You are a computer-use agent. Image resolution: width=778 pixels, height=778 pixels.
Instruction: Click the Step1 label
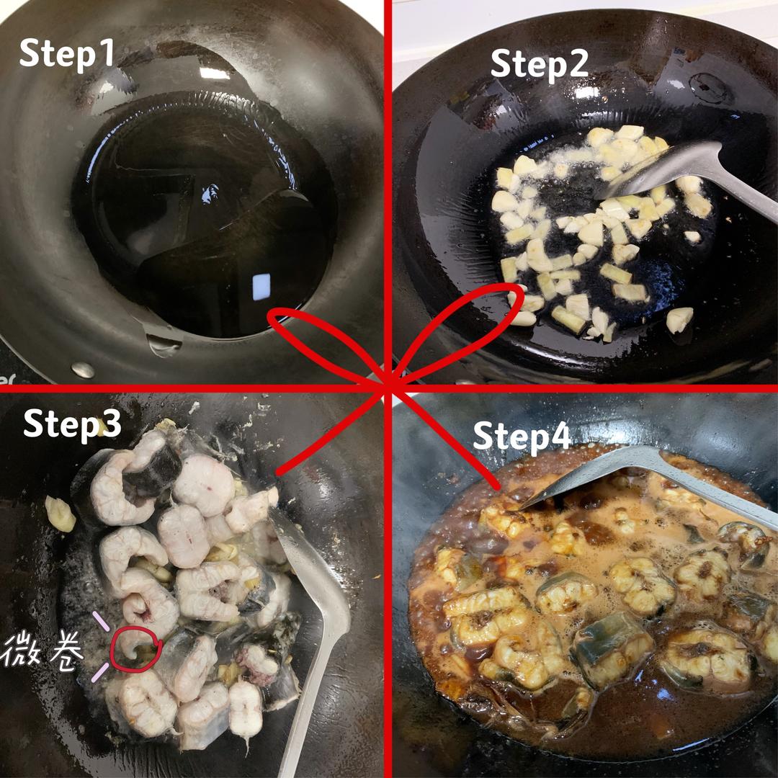pyautogui.click(x=67, y=53)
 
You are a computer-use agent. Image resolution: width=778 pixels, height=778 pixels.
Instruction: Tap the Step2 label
pyautogui.click(x=540, y=64)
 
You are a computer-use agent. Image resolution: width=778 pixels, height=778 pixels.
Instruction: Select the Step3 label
pyautogui.click(x=72, y=425)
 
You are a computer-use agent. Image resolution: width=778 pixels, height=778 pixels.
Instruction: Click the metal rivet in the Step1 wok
pyautogui.click(x=83, y=370)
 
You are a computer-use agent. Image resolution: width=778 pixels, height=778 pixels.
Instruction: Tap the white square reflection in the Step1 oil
pyautogui.click(x=261, y=287)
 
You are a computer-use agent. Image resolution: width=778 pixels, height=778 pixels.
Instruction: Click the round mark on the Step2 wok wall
pyautogui.click(x=710, y=89)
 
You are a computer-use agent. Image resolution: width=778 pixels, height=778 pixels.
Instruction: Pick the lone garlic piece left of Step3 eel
pyautogui.click(x=60, y=514)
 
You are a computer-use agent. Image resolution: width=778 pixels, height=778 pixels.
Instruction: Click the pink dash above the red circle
pyautogui.click(x=101, y=621)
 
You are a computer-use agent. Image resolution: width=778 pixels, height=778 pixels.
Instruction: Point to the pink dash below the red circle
pyautogui.click(x=100, y=674)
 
